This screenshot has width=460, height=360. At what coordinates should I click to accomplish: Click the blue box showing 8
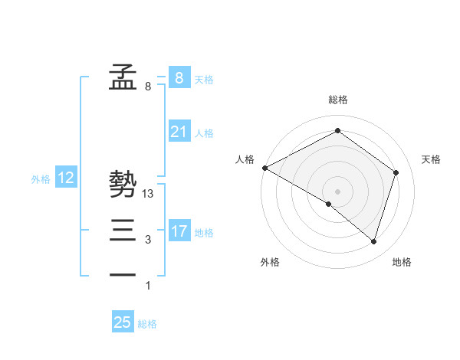pyautogui.click(x=179, y=77)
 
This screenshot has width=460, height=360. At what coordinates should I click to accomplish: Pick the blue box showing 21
pyautogui.click(x=179, y=132)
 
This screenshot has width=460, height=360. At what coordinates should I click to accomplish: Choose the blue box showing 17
pyautogui.click(x=179, y=231)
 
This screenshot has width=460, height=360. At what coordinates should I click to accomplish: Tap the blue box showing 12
pyautogui.click(x=66, y=178)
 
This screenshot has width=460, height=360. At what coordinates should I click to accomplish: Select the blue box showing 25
pyautogui.click(x=123, y=322)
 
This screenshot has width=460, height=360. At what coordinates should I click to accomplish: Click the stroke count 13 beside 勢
pyautogui.click(x=149, y=194)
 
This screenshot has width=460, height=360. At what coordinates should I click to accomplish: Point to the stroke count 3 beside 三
pyautogui.click(x=148, y=240)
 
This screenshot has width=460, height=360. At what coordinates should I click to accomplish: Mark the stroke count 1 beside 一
pyautogui.click(x=148, y=286)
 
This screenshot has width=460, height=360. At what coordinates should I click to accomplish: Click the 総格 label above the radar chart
pyautogui.click(x=337, y=100)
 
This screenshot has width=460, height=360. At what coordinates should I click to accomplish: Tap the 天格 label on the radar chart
pyautogui.click(x=431, y=159)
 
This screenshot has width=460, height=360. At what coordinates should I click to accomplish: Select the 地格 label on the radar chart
pyautogui.click(x=402, y=262)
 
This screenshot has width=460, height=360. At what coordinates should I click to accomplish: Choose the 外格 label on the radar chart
pyautogui.click(x=270, y=262)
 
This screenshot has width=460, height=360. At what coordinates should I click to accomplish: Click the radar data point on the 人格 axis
pyautogui.click(x=264, y=168)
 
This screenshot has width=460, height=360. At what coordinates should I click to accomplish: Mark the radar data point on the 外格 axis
pyautogui.click(x=329, y=204)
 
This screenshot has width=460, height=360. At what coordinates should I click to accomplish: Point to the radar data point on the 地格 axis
pyautogui.click(x=374, y=242)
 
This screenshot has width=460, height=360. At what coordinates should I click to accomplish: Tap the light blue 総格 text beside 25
pyautogui.click(x=147, y=323)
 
